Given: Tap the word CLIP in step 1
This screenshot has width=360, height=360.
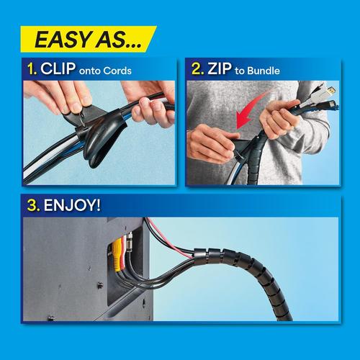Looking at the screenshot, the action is click(58, 68).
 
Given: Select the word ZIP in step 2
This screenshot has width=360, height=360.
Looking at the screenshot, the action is click(220, 68).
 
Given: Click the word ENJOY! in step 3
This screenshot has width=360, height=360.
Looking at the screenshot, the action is click(72, 205).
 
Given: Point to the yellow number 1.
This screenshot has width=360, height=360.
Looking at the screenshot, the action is click(32, 69).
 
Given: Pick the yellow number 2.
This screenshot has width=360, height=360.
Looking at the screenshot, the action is click(197, 68).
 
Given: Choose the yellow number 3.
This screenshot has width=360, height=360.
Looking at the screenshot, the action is click(33, 206).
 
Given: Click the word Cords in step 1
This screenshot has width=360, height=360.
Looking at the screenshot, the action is click(117, 71).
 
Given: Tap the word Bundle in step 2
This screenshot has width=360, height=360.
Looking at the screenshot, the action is click(264, 71).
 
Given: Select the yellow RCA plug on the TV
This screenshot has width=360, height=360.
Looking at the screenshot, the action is click(117, 254).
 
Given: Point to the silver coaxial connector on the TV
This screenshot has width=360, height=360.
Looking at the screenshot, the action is click(130, 242).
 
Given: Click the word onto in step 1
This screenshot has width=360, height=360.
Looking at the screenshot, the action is click(90, 71).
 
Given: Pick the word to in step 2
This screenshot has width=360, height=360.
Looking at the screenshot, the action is click(240, 71).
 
